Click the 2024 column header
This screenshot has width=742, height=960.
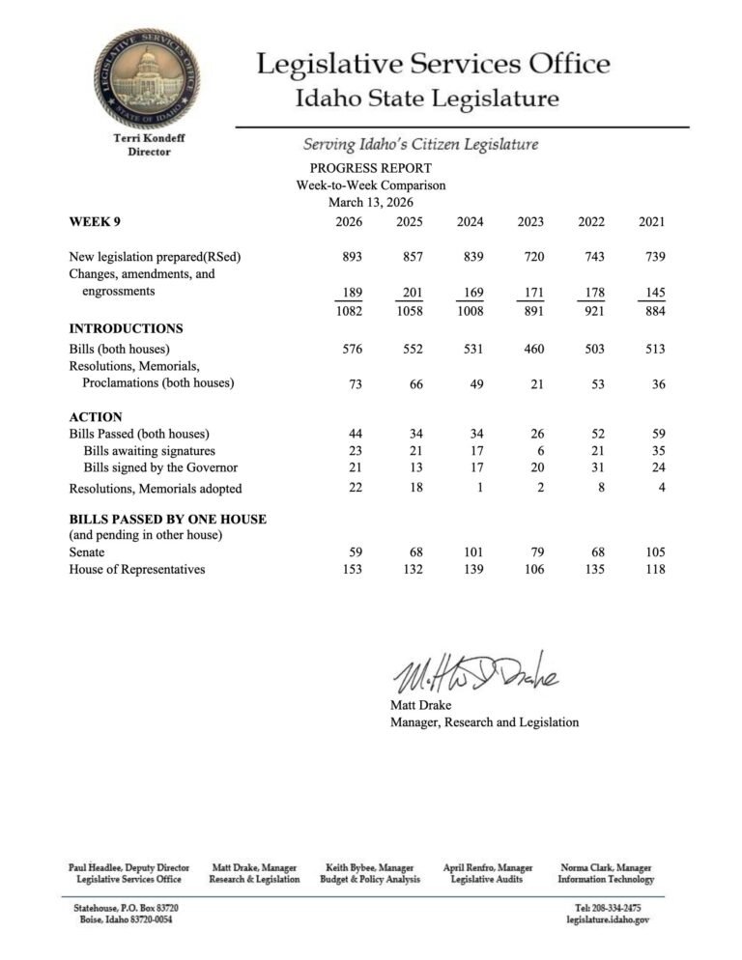(x=470, y=222)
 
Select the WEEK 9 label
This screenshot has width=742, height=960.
(x=95, y=222)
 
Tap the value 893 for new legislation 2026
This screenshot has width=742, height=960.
(x=352, y=258)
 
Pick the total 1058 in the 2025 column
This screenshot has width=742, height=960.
(x=410, y=311)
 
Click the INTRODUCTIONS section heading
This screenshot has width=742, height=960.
(x=126, y=328)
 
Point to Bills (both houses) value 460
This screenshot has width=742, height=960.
(x=530, y=349)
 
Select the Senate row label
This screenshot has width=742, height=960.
(x=87, y=552)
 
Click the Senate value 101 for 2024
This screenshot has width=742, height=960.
(x=470, y=552)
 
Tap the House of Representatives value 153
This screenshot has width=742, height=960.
(x=352, y=570)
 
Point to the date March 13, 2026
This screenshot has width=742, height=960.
(x=371, y=202)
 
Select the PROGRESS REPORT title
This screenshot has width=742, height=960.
(x=371, y=168)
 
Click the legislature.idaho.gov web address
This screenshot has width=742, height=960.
(x=608, y=921)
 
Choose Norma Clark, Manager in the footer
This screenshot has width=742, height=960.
(x=606, y=868)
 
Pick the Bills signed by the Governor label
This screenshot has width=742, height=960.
(x=160, y=468)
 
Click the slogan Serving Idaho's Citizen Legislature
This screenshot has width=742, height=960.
(x=420, y=145)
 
